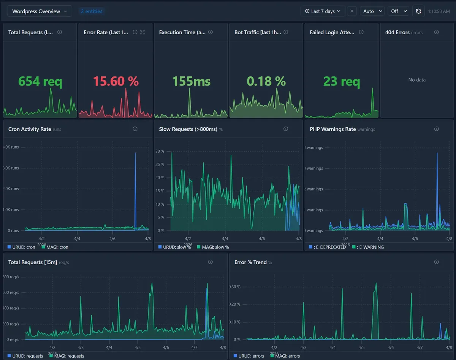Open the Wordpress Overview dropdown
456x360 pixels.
click(x=40, y=11)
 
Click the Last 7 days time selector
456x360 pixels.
click(x=323, y=11)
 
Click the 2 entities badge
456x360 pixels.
click(x=92, y=11)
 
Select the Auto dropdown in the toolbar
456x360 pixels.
click(x=372, y=11)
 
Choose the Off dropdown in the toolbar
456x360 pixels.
click(x=398, y=11)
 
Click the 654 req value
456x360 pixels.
click(x=40, y=81)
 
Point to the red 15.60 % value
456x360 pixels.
click(x=116, y=81)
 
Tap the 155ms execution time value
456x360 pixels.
click(x=191, y=81)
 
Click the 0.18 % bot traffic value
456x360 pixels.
click(x=266, y=81)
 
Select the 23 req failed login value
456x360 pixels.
click(x=341, y=81)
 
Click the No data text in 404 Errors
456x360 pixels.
click(x=417, y=80)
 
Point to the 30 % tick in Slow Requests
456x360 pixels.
click(x=160, y=151)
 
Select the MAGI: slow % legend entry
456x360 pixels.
click(x=213, y=247)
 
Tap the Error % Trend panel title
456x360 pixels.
click(x=250, y=262)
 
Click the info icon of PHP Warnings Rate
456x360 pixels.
click(x=436, y=129)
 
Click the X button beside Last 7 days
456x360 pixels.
click(x=352, y=11)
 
